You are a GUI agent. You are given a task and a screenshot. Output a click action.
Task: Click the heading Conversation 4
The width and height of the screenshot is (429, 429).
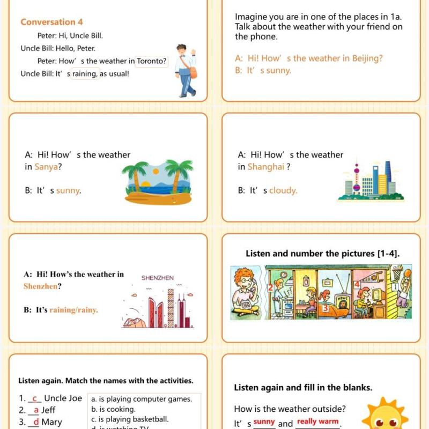click(x=51, y=22)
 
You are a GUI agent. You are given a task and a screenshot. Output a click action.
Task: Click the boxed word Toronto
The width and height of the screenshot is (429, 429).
click(x=151, y=61)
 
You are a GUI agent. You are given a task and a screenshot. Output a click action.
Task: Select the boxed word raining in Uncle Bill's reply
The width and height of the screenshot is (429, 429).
click(x=85, y=74)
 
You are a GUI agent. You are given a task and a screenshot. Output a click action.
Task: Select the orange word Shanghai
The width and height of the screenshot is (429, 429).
click(x=266, y=167)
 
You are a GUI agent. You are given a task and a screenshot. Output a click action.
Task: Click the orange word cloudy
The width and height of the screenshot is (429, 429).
click(x=283, y=190)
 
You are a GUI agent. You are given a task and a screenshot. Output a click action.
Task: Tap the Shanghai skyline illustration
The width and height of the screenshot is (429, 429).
click(x=371, y=181)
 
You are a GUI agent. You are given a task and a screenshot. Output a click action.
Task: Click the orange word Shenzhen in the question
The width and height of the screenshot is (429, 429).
click(x=40, y=286)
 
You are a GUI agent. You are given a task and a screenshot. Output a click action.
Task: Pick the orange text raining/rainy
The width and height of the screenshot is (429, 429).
click(x=74, y=310)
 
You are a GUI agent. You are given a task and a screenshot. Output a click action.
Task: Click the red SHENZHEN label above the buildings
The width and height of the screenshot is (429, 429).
click(x=158, y=278)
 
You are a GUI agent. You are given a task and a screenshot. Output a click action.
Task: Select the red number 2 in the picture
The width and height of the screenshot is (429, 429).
click(x=271, y=288)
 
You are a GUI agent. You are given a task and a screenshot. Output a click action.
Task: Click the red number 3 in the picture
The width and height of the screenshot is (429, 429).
click(x=325, y=309)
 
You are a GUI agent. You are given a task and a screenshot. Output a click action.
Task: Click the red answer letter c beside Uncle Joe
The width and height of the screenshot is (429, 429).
click(x=35, y=398)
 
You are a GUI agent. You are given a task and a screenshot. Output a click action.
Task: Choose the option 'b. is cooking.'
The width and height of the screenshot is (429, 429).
click(x=113, y=409)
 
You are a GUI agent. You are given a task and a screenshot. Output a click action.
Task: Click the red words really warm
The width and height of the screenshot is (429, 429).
click(x=317, y=422)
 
